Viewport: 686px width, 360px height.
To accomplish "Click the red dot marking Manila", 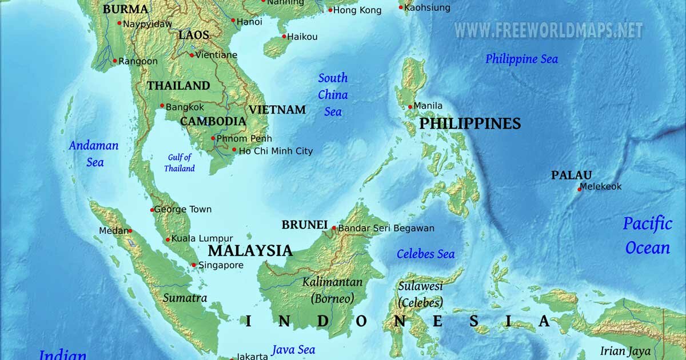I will coord(410,107).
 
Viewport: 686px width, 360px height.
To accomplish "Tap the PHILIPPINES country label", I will coord(470,123).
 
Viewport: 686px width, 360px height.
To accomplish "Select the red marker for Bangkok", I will coord(162,106).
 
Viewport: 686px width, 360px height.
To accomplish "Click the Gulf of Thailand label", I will coord(180,163).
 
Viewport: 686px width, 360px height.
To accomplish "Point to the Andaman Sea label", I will coord(94,154).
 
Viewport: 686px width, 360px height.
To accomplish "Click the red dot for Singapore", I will coord(194,265).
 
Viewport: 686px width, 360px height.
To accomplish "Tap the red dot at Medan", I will coord(130,231).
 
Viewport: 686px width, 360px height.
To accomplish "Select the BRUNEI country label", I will coord(304,225).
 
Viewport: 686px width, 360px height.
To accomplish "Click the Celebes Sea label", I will coord(426,254).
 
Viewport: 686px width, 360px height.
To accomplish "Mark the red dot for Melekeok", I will coord(579,189).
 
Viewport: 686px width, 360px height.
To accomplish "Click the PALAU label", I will coord(571,175).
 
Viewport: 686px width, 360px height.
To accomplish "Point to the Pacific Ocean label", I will coord(648,235).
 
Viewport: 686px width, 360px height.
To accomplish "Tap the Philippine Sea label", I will coord(521,59).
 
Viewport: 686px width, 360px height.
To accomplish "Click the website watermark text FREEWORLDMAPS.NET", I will coord(549,30).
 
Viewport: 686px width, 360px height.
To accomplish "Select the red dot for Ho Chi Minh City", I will coord(234,150).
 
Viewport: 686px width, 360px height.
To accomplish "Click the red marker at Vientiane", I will coord(192,55).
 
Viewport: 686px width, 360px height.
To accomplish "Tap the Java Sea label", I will coord(293,350).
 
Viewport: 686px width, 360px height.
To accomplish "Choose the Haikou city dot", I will coord(284,37).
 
